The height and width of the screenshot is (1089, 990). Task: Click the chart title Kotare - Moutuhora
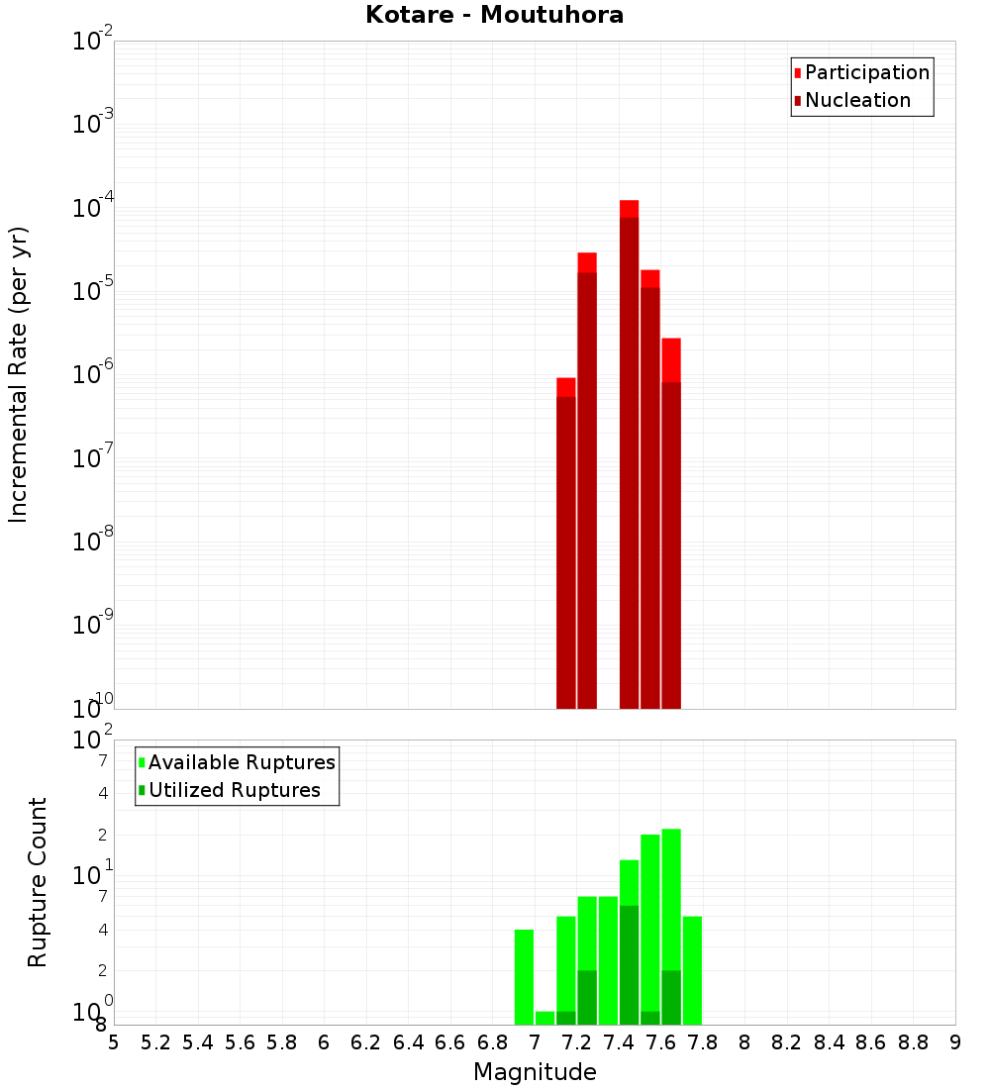pos(494,15)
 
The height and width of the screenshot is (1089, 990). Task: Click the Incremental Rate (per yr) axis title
pos(18,374)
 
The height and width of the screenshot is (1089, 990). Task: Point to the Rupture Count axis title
pos(38,882)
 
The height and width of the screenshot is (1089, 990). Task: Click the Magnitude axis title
pos(535,1072)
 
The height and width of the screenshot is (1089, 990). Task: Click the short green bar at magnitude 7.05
pos(544,1018)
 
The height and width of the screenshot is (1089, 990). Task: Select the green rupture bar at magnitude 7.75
pos(692,970)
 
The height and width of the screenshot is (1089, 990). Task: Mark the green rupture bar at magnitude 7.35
pos(608,960)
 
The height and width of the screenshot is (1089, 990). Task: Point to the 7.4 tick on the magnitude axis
pos(619,1042)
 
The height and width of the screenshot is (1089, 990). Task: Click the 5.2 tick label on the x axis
pos(155,1042)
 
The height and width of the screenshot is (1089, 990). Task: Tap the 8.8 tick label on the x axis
pos(913,1042)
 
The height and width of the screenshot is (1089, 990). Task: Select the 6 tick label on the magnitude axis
pos(324,1042)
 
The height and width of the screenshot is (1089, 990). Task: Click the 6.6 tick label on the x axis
pos(450,1042)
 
